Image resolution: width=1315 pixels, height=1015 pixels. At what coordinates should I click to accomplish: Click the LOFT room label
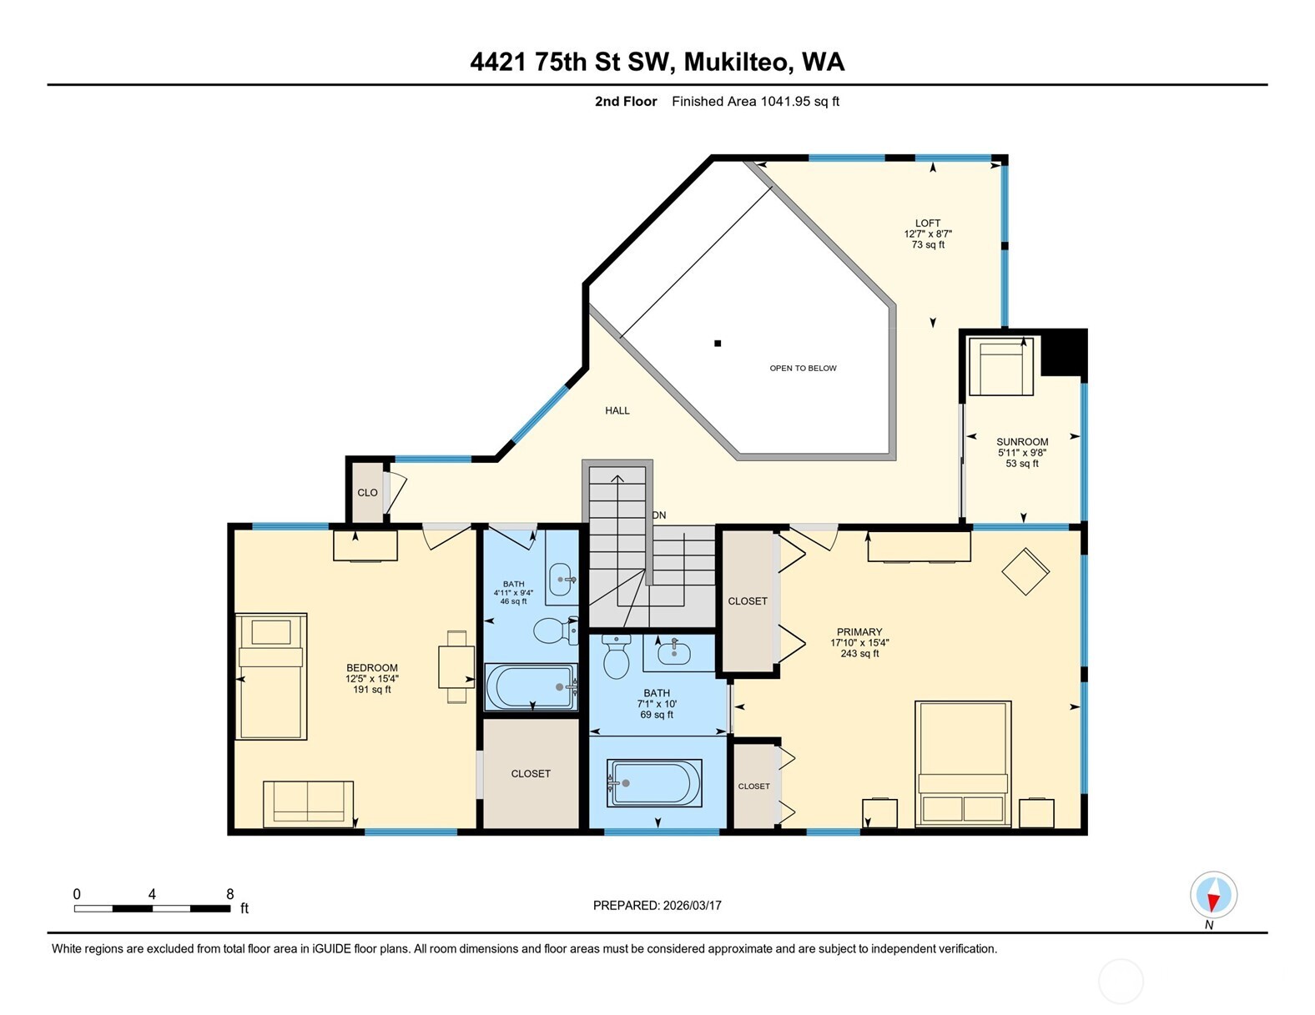click(x=928, y=224)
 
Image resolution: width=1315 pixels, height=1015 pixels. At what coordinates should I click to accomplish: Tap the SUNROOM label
click(x=1022, y=442)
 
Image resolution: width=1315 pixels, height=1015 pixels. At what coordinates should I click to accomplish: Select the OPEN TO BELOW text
click(x=803, y=368)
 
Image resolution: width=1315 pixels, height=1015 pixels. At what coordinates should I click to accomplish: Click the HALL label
click(x=617, y=410)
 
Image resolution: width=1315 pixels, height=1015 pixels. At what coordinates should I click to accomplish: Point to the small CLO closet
click(x=367, y=492)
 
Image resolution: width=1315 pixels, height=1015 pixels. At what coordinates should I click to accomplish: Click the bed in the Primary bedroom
click(x=963, y=763)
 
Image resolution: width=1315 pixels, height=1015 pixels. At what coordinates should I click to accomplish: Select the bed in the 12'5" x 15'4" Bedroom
click(x=270, y=676)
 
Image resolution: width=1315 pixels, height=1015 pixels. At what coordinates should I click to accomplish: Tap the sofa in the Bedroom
click(x=308, y=804)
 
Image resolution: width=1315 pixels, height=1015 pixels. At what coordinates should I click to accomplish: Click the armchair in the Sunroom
click(x=1001, y=367)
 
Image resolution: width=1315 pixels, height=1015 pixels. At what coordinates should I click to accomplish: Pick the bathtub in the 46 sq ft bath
click(x=531, y=687)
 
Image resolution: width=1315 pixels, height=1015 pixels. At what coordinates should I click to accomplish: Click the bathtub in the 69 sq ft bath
click(x=654, y=782)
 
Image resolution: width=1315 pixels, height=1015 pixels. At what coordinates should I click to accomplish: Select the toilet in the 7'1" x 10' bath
click(x=617, y=657)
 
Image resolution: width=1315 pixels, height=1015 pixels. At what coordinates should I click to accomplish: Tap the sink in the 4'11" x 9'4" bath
click(x=562, y=580)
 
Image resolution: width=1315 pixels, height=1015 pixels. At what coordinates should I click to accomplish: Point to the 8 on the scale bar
click(x=230, y=894)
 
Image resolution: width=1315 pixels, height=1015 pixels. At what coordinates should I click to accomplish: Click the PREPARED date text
click(x=657, y=906)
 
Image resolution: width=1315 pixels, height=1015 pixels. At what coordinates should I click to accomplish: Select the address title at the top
click(x=657, y=62)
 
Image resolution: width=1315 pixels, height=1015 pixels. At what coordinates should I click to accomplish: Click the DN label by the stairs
click(x=659, y=515)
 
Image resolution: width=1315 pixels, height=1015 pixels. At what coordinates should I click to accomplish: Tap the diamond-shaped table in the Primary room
click(x=1025, y=571)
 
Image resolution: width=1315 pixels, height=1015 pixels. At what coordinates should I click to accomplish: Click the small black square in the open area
click(x=718, y=344)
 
